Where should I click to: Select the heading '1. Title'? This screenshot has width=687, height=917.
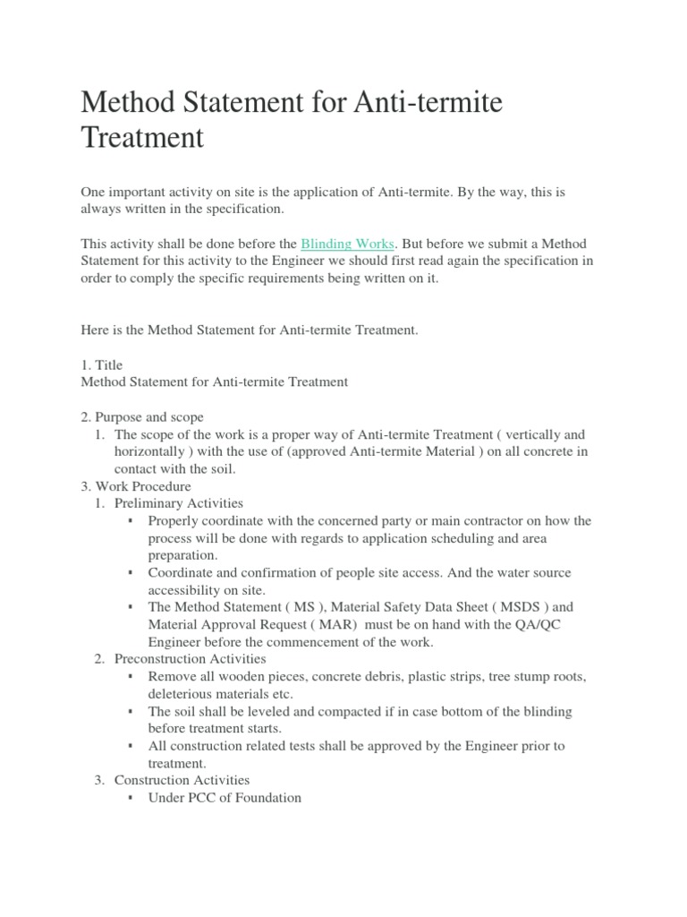(x=102, y=365)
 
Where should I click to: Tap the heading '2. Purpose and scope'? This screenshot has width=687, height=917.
(x=142, y=417)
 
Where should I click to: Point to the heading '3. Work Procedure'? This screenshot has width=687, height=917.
(x=136, y=486)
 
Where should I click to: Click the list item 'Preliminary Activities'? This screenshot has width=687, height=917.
(x=179, y=503)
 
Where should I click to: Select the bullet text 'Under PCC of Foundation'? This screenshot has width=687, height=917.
(x=225, y=798)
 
